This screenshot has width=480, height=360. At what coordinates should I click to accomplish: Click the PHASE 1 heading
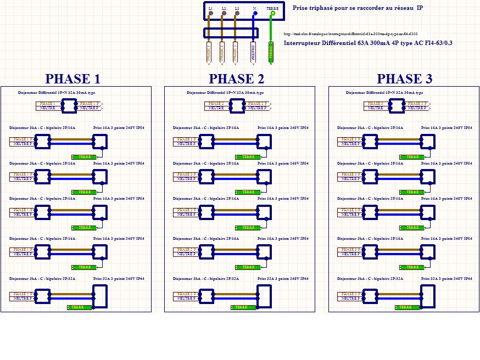click(x=72, y=78)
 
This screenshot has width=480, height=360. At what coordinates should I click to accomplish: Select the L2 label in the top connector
click(x=224, y=8)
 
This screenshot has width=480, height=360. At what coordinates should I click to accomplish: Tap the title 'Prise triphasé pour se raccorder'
click(x=358, y=8)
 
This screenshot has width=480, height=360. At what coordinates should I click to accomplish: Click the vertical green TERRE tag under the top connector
click(x=271, y=51)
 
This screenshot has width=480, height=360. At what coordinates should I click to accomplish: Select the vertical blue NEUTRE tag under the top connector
click(x=254, y=51)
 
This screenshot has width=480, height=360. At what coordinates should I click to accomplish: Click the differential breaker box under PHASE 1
click(x=69, y=106)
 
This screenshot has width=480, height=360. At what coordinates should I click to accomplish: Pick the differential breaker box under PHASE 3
click(x=397, y=106)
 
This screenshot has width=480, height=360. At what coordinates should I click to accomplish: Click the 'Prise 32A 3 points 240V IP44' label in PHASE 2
click(x=283, y=279)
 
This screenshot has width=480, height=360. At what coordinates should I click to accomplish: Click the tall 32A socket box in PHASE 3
click(x=428, y=296)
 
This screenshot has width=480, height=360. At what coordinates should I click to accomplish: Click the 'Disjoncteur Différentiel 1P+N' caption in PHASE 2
click(x=225, y=93)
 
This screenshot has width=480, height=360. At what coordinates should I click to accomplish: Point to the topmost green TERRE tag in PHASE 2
click(x=248, y=157)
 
